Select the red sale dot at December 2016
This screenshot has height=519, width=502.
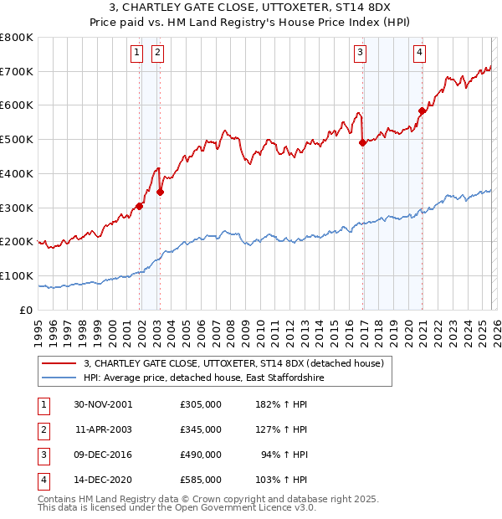point(362,142)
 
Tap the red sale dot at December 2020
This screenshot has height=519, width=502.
point(422,110)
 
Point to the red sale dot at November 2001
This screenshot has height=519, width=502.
point(139,206)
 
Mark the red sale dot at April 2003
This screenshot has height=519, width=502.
point(160,192)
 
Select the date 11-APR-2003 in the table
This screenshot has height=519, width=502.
point(103,429)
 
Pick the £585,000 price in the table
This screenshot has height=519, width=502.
point(200,480)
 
